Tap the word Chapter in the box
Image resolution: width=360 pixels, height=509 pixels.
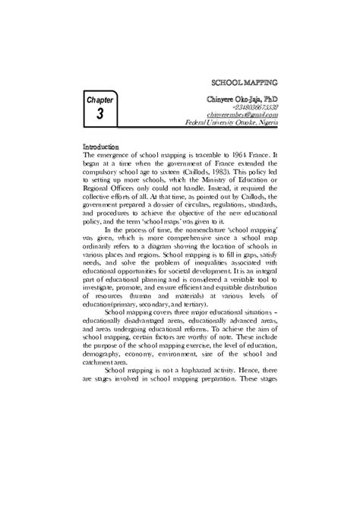pyautogui.click(x=99, y=99)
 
